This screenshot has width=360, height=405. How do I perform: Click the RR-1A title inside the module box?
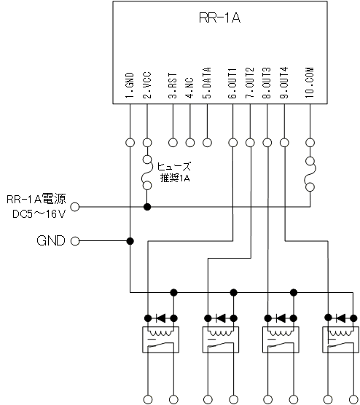[x=219, y=17]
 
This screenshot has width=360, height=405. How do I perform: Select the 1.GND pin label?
[x=130, y=85]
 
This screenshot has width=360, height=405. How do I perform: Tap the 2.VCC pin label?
[x=146, y=85]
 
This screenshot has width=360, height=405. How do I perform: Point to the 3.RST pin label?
[x=173, y=85]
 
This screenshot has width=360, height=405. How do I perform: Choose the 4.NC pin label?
[x=189, y=88]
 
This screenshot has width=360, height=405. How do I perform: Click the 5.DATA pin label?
[x=207, y=83]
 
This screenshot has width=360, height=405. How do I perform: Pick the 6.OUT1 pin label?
[x=232, y=83]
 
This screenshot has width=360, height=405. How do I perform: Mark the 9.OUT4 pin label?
[x=284, y=83]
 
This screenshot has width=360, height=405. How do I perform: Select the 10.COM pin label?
[x=310, y=82]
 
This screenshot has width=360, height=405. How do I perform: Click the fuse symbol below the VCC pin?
[x=146, y=173]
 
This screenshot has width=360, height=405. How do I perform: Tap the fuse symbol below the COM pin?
[x=310, y=174]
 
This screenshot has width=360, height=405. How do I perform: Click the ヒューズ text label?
[x=174, y=166]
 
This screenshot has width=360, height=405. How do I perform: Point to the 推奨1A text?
[x=175, y=178]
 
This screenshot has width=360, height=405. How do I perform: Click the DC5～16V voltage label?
[x=39, y=214]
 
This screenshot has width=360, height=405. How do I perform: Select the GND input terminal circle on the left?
[x=75, y=241]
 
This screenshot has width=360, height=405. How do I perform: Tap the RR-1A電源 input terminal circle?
[x=75, y=207]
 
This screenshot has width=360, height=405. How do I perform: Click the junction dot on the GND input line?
[x=130, y=241]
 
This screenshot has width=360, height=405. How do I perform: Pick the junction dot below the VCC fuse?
[x=147, y=207]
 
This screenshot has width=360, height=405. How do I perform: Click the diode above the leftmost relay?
[x=161, y=318]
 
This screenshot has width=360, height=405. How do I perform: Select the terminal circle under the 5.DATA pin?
[x=207, y=142]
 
